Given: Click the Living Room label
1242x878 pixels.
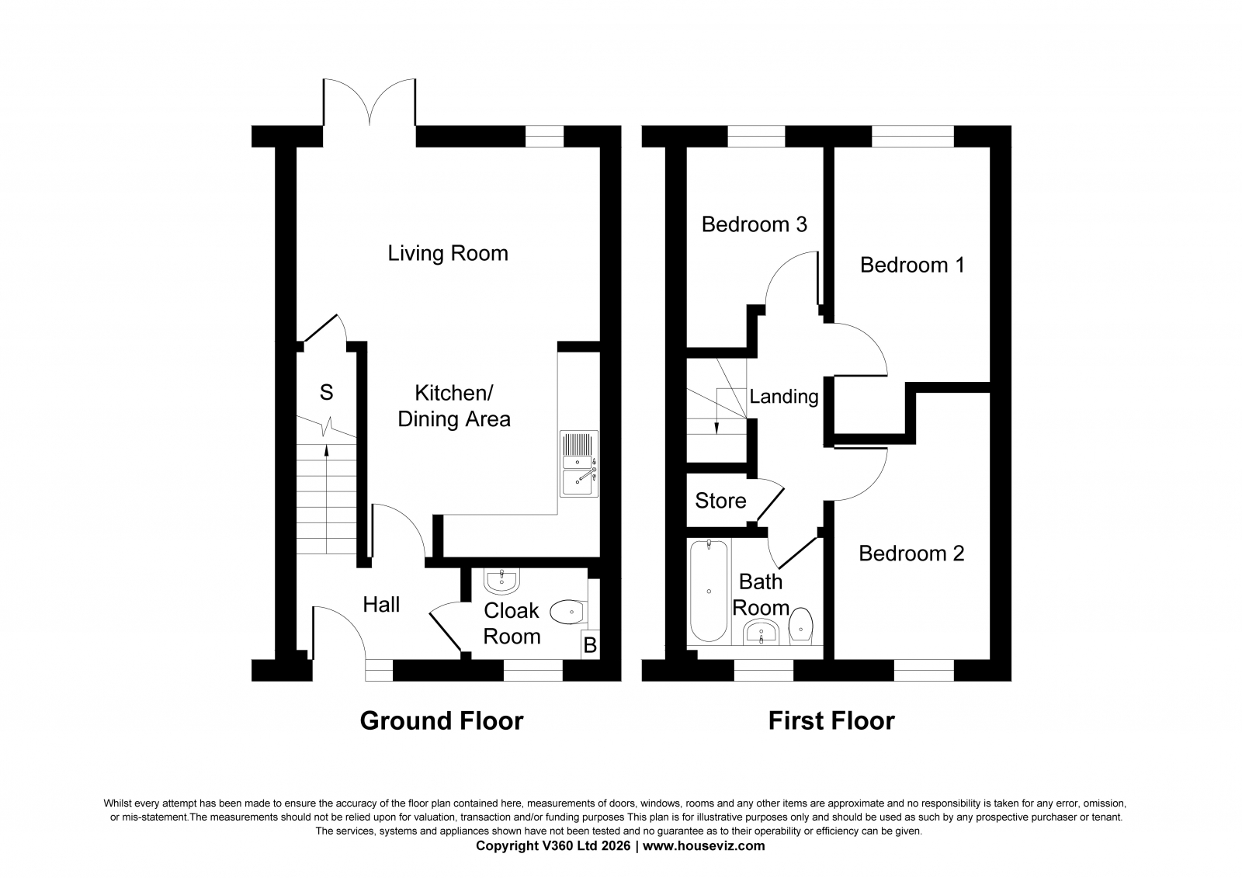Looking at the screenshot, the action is tap(447, 254).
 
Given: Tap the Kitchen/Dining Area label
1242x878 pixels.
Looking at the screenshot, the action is tap(453, 406).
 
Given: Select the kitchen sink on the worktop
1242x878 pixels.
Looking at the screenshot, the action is tap(579, 463).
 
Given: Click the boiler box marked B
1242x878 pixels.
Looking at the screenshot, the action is tap(590, 645).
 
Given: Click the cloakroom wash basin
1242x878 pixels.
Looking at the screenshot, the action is tap(501, 581).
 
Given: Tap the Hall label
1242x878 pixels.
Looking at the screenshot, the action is tap(381, 605).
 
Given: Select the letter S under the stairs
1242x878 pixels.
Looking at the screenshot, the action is tap(326, 393).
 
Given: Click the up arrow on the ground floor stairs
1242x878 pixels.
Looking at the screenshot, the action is tap(326, 499).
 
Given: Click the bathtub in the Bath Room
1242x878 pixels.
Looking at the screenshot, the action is tap(709, 591).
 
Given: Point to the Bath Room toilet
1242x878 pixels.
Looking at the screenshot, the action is tap(800, 626).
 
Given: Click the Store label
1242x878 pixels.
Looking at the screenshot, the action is tap(720, 501).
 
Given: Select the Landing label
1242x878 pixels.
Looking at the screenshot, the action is tap(783, 397).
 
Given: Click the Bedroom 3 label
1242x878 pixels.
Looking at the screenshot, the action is tap(754, 224).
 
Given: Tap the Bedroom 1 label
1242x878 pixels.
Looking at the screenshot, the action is tap(912, 265).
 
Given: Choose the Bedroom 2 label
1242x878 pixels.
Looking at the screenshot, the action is tap(911, 554).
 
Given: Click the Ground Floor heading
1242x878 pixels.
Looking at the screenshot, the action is tap(442, 721).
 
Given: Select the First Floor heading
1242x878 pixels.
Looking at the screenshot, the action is tap(831, 721).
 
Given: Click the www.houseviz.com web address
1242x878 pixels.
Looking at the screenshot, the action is tap(703, 846).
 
